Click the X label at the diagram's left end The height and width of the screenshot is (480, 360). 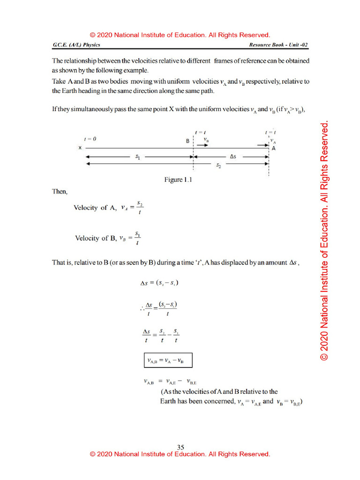coord(80,148)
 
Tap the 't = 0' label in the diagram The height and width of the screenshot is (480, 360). coord(90,139)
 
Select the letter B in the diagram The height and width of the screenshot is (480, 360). coord(187,140)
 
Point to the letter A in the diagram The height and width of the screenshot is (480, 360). coord(273,148)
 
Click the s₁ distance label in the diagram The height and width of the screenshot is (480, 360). coord(137,158)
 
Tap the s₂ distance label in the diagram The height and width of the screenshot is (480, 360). coord(218,166)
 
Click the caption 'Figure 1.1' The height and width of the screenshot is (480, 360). coord(178,180)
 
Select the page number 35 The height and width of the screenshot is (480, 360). coord(180,447)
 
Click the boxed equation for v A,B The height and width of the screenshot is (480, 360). coord(167,361)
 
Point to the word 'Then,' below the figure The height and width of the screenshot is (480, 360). coord(60,192)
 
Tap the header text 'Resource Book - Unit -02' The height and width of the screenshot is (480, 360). coord(279,45)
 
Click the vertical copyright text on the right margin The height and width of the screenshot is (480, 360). coord(324,241)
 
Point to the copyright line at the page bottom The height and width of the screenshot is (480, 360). coord(180,454)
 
